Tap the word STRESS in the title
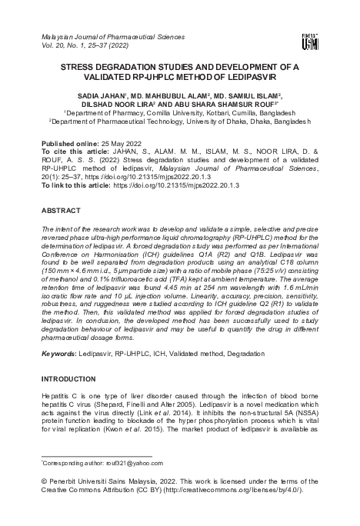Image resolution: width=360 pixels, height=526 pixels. (x=79, y=68)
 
